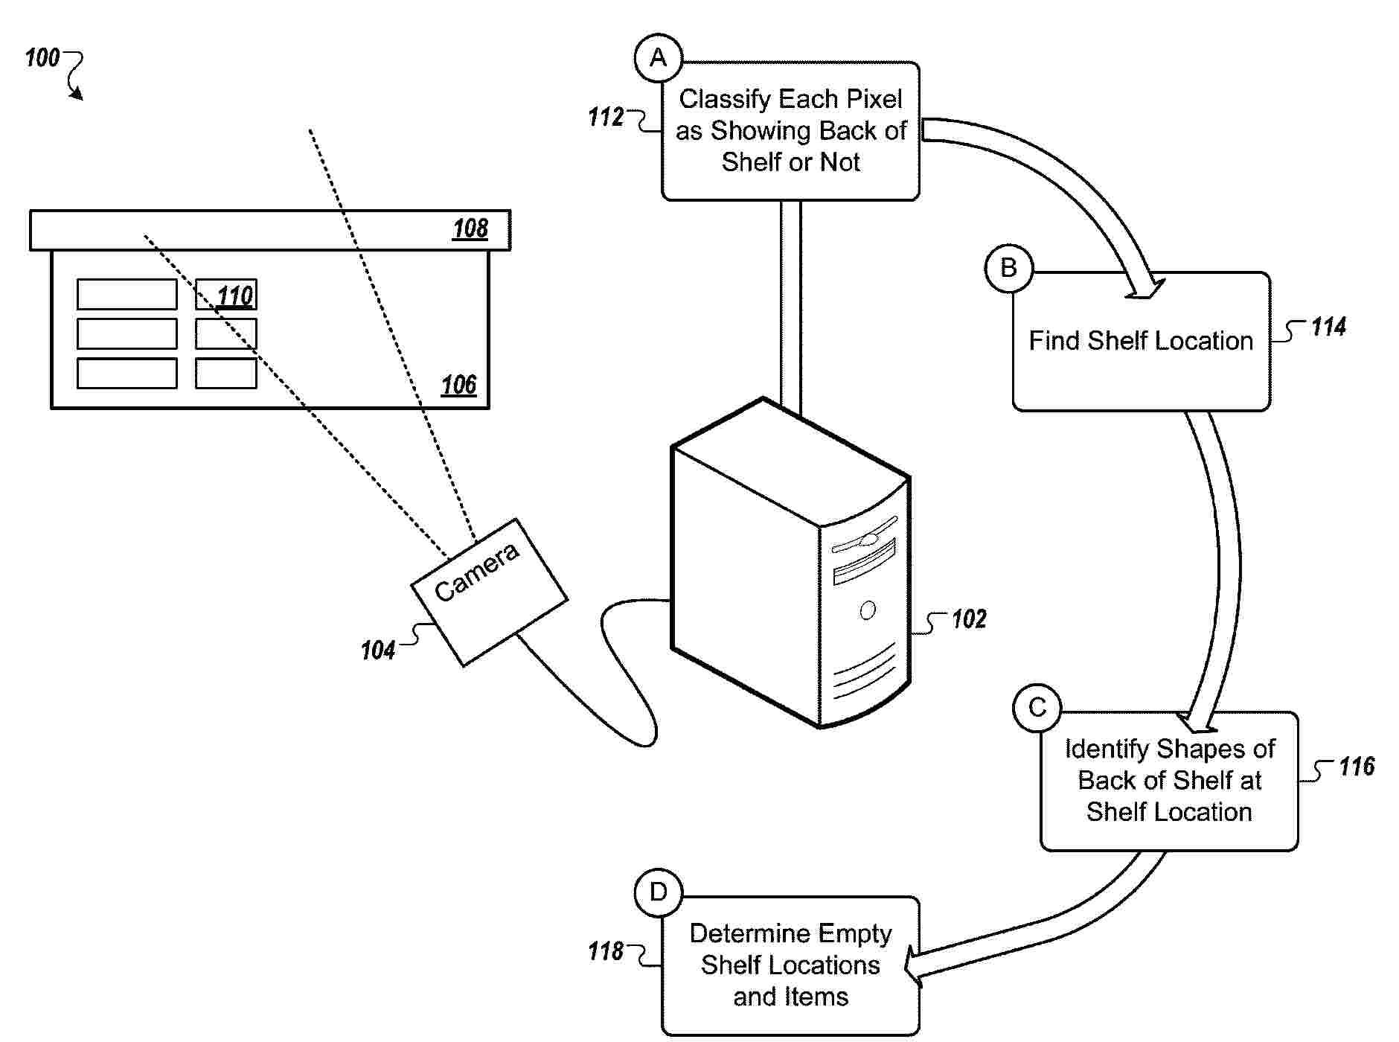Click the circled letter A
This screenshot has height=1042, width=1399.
coord(659,58)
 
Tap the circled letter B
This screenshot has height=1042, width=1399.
coord(1008,268)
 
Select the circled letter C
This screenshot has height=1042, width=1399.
coord(1037,707)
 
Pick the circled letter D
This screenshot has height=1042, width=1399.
coord(659,892)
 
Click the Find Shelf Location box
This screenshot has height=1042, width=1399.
coord(1141,341)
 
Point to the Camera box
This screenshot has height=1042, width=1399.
coord(489,592)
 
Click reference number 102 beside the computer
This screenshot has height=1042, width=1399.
coord(969,619)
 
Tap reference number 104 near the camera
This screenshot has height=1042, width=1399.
coord(377,651)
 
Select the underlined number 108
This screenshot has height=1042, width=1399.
coord(470,228)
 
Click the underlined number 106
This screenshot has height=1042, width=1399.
coord(458,385)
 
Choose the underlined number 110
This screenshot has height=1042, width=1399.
coord(235,295)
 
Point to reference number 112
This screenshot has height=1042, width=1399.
coord(606,117)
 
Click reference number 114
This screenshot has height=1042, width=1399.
coord(1328,327)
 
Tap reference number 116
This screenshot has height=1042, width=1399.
coord(1357,767)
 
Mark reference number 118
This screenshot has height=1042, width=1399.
coord(606,951)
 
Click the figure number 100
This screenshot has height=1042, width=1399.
coord(42,57)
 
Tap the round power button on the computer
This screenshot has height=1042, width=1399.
coord(868,611)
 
